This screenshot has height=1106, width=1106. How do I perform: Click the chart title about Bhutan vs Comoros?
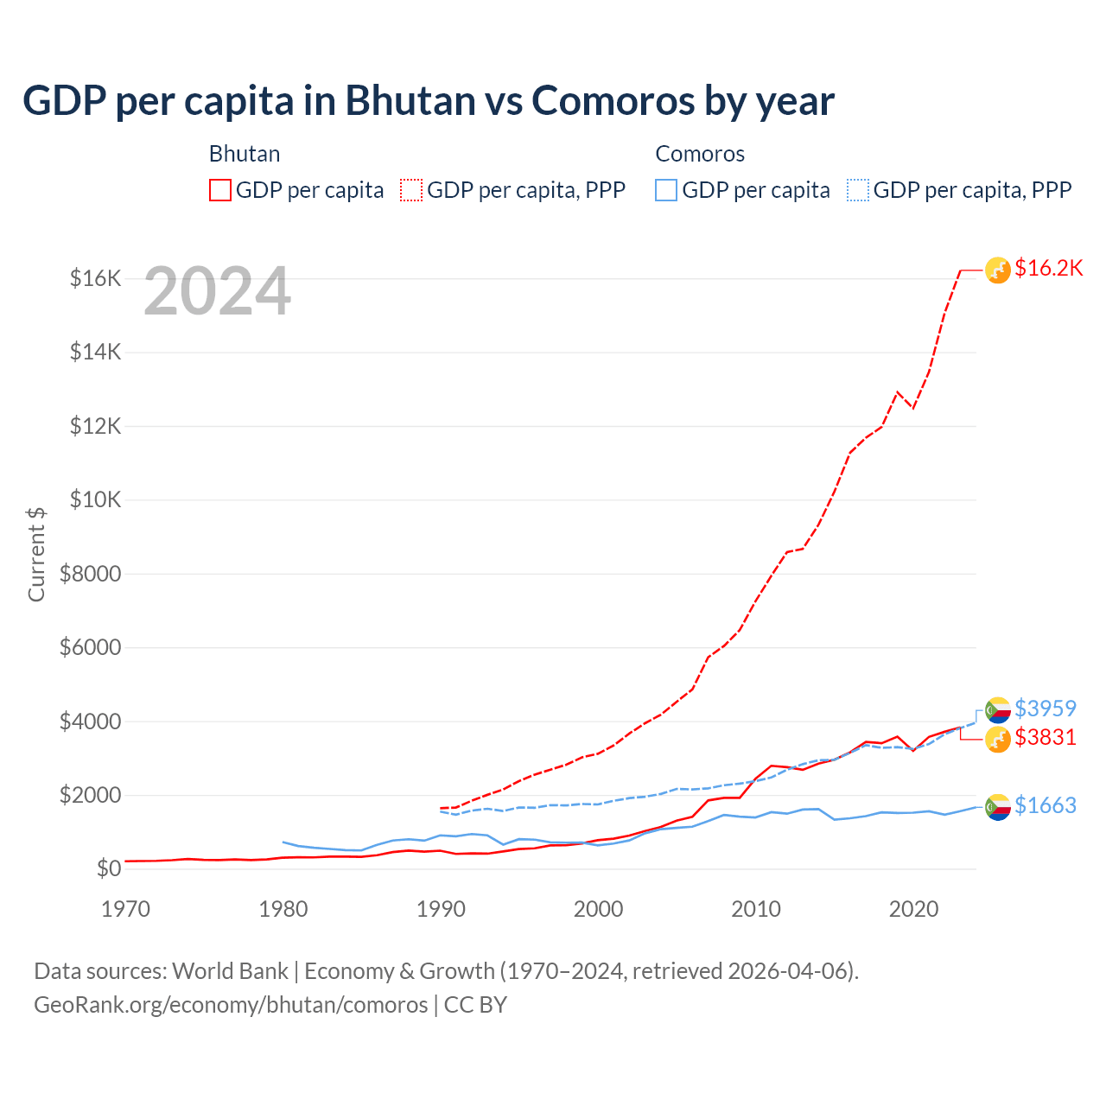point(428,100)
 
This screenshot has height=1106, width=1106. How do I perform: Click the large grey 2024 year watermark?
point(217,292)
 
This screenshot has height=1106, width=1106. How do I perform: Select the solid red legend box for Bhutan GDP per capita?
point(220,190)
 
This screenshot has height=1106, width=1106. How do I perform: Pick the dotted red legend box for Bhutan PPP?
point(412,190)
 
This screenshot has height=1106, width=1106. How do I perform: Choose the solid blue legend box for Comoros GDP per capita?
point(666,190)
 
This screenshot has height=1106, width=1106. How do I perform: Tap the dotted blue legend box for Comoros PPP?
point(858,190)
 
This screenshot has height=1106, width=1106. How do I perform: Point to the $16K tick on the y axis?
point(95,278)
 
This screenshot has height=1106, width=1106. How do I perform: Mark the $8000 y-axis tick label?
point(90,574)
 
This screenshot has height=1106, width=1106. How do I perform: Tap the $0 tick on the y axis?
point(108,868)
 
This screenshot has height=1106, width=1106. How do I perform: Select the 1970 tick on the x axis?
point(126,909)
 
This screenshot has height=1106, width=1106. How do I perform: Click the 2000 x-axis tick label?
point(598,909)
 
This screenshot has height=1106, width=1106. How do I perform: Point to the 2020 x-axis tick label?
point(913,909)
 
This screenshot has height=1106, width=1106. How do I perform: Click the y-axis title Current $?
point(36,554)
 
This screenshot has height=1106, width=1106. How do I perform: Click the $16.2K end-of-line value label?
point(1048,269)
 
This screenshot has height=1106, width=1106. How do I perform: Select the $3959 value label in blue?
point(1045,709)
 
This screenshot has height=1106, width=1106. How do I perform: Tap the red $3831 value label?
point(1045,737)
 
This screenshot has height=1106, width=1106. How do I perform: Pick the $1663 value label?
point(1045,805)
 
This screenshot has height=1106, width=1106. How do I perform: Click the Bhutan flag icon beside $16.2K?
point(998,270)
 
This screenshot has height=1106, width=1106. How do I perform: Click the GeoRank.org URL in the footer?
point(231,1005)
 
